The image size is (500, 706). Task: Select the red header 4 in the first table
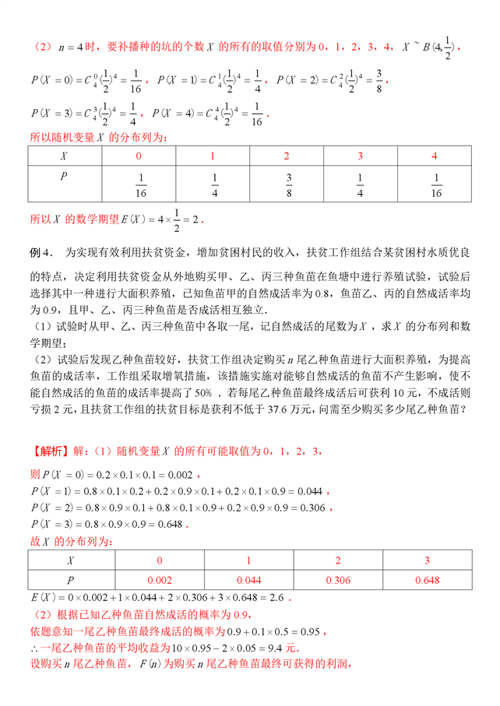[x=434, y=156]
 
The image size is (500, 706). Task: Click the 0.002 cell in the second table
[x=160, y=580]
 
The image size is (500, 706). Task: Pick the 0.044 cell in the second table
[x=249, y=580]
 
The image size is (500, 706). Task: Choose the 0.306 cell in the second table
[x=338, y=580]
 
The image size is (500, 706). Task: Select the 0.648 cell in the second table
[x=427, y=580]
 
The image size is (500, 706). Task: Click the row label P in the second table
[x=71, y=580]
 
